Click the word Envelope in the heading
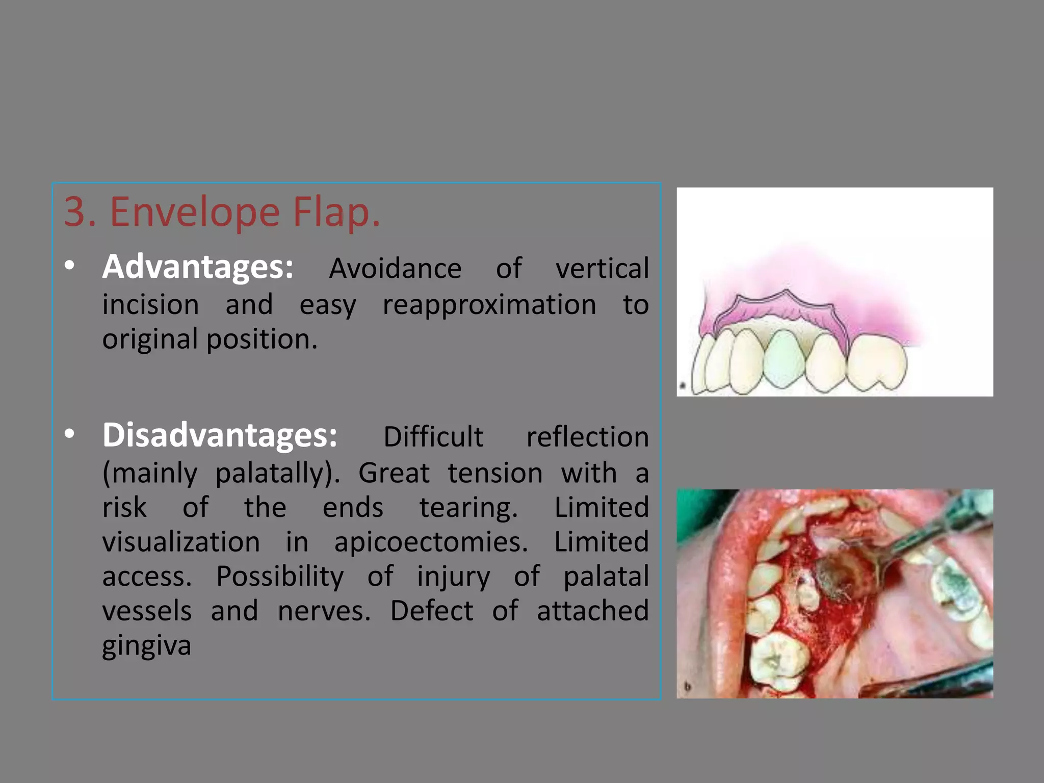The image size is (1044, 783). [x=195, y=212]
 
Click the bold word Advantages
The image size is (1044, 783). [x=198, y=267]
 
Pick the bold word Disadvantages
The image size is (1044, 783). [x=220, y=435]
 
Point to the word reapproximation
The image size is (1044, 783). [x=489, y=305]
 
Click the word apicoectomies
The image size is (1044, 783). [x=431, y=542]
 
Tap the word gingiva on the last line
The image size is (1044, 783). [x=147, y=646]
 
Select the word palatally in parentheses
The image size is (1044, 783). [x=276, y=474]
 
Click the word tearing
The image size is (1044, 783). [x=468, y=508]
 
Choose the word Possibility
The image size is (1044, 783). [x=280, y=577]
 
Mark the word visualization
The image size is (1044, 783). [x=181, y=542]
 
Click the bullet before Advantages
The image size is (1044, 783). [x=70, y=266]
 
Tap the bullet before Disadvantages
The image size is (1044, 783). [x=70, y=434]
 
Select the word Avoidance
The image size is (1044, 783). [x=395, y=269]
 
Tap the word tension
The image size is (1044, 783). [x=495, y=474]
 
